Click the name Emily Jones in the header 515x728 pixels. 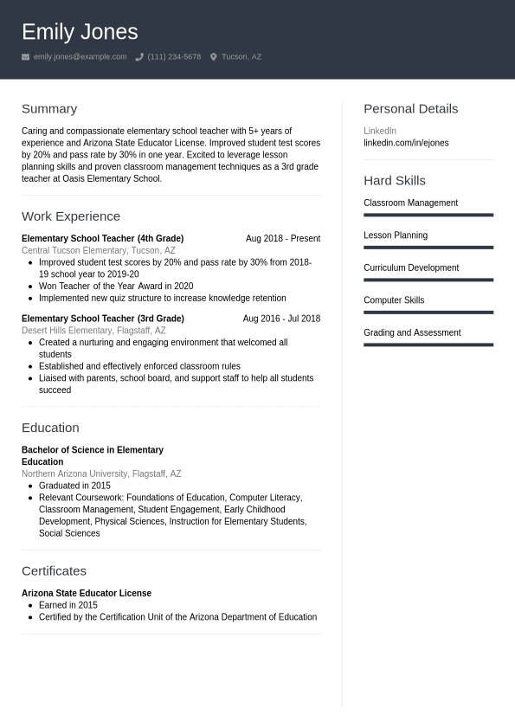(x=80, y=32)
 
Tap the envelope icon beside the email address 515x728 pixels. (x=26, y=57)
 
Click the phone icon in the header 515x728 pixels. (x=139, y=57)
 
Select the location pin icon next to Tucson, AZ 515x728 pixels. (x=214, y=57)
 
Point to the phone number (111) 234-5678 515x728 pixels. (x=174, y=57)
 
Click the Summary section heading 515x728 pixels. (x=49, y=109)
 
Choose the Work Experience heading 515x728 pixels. (x=71, y=216)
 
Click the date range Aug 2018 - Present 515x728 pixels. (x=282, y=239)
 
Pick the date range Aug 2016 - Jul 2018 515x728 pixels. (x=281, y=319)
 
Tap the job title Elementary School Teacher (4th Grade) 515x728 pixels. (x=102, y=239)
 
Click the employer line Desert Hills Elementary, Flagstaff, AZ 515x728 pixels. (x=93, y=331)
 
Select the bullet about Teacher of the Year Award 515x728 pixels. (x=116, y=286)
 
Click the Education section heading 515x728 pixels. (x=50, y=428)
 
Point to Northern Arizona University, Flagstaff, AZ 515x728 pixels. (x=101, y=474)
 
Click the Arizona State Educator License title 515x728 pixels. (x=87, y=594)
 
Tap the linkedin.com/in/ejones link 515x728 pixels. (x=406, y=143)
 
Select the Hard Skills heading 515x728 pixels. (x=395, y=181)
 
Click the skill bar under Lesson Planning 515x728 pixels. (x=428, y=248)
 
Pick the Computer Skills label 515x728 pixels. (x=394, y=300)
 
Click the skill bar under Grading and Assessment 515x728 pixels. (x=428, y=345)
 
